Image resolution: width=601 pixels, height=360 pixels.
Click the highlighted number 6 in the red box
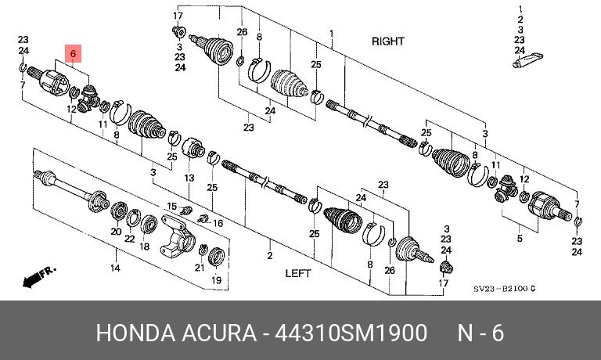coord(74,53)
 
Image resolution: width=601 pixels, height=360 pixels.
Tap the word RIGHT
coord(388,41)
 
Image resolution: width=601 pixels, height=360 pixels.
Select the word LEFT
coord(298,273)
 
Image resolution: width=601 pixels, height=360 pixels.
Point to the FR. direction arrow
coord(39,277)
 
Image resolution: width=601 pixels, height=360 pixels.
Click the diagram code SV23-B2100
coord(501,289)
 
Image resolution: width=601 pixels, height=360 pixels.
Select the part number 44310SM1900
coord(351,333)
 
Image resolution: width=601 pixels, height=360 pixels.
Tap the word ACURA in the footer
coord(219,333)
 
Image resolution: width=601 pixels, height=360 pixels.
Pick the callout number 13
coord(189,178)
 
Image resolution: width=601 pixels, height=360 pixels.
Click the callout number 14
coord(115,268)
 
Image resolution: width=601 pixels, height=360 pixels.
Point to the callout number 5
coord(520,239)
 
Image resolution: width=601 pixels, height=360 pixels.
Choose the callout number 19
coord(217,280)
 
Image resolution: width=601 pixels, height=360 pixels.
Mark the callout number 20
coord(116,232)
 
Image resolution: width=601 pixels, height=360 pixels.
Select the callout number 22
coord(130,239)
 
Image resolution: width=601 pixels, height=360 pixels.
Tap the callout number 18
coord(145,247)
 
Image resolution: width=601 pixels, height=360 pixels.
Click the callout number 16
coord(218,223)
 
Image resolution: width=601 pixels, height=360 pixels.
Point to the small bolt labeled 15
coord(187,210)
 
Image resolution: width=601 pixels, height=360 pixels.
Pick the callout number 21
coord(200,267)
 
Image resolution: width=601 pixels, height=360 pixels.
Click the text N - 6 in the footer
coord(480,333)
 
